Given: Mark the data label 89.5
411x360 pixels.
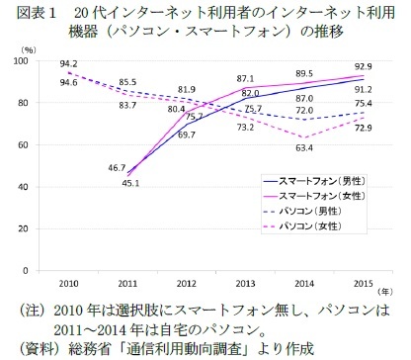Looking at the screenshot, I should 304,72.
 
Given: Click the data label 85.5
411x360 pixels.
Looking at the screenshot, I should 127,82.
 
